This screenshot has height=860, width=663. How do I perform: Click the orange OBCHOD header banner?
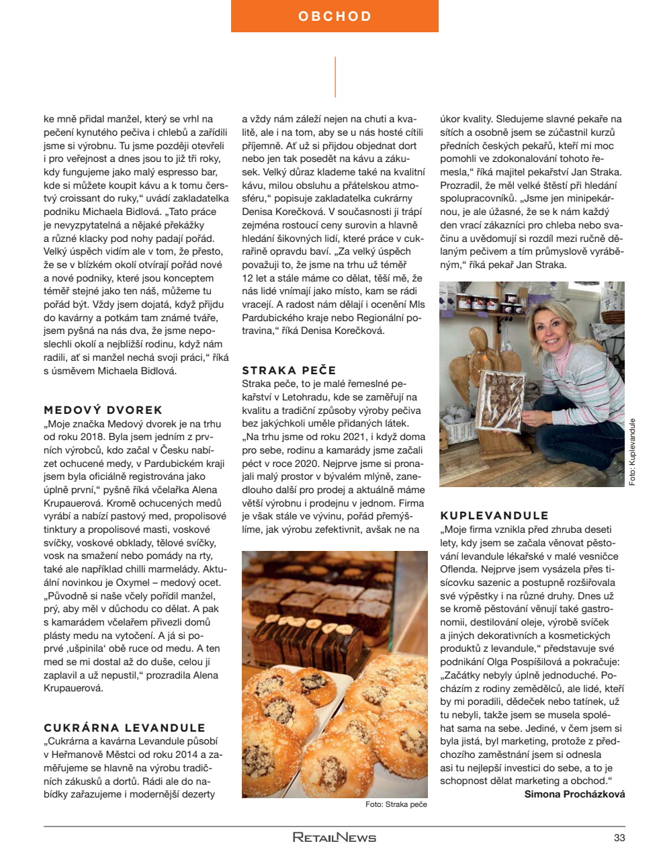(x=335, y=16)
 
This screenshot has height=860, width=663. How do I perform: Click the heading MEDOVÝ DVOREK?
(x=103, y=410)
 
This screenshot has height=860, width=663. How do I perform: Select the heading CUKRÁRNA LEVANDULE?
(x=124, y=728)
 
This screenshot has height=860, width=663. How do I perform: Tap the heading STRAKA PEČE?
(x=289, y=370)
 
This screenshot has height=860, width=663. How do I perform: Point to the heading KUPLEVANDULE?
(x=494, y=516)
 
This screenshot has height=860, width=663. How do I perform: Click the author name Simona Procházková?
(x=574, y=794)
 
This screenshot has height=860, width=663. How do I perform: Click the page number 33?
(x=619, y=838)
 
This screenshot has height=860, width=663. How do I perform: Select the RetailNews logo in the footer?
(x=334, y=838)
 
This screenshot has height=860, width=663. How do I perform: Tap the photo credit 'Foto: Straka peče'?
(x=396, y=804)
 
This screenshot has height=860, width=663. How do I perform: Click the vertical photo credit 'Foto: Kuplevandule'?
(x=631, y=451)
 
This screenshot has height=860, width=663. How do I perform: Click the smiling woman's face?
(x=553, y=330)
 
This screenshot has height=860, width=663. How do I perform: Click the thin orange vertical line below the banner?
(x=335, y=77)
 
